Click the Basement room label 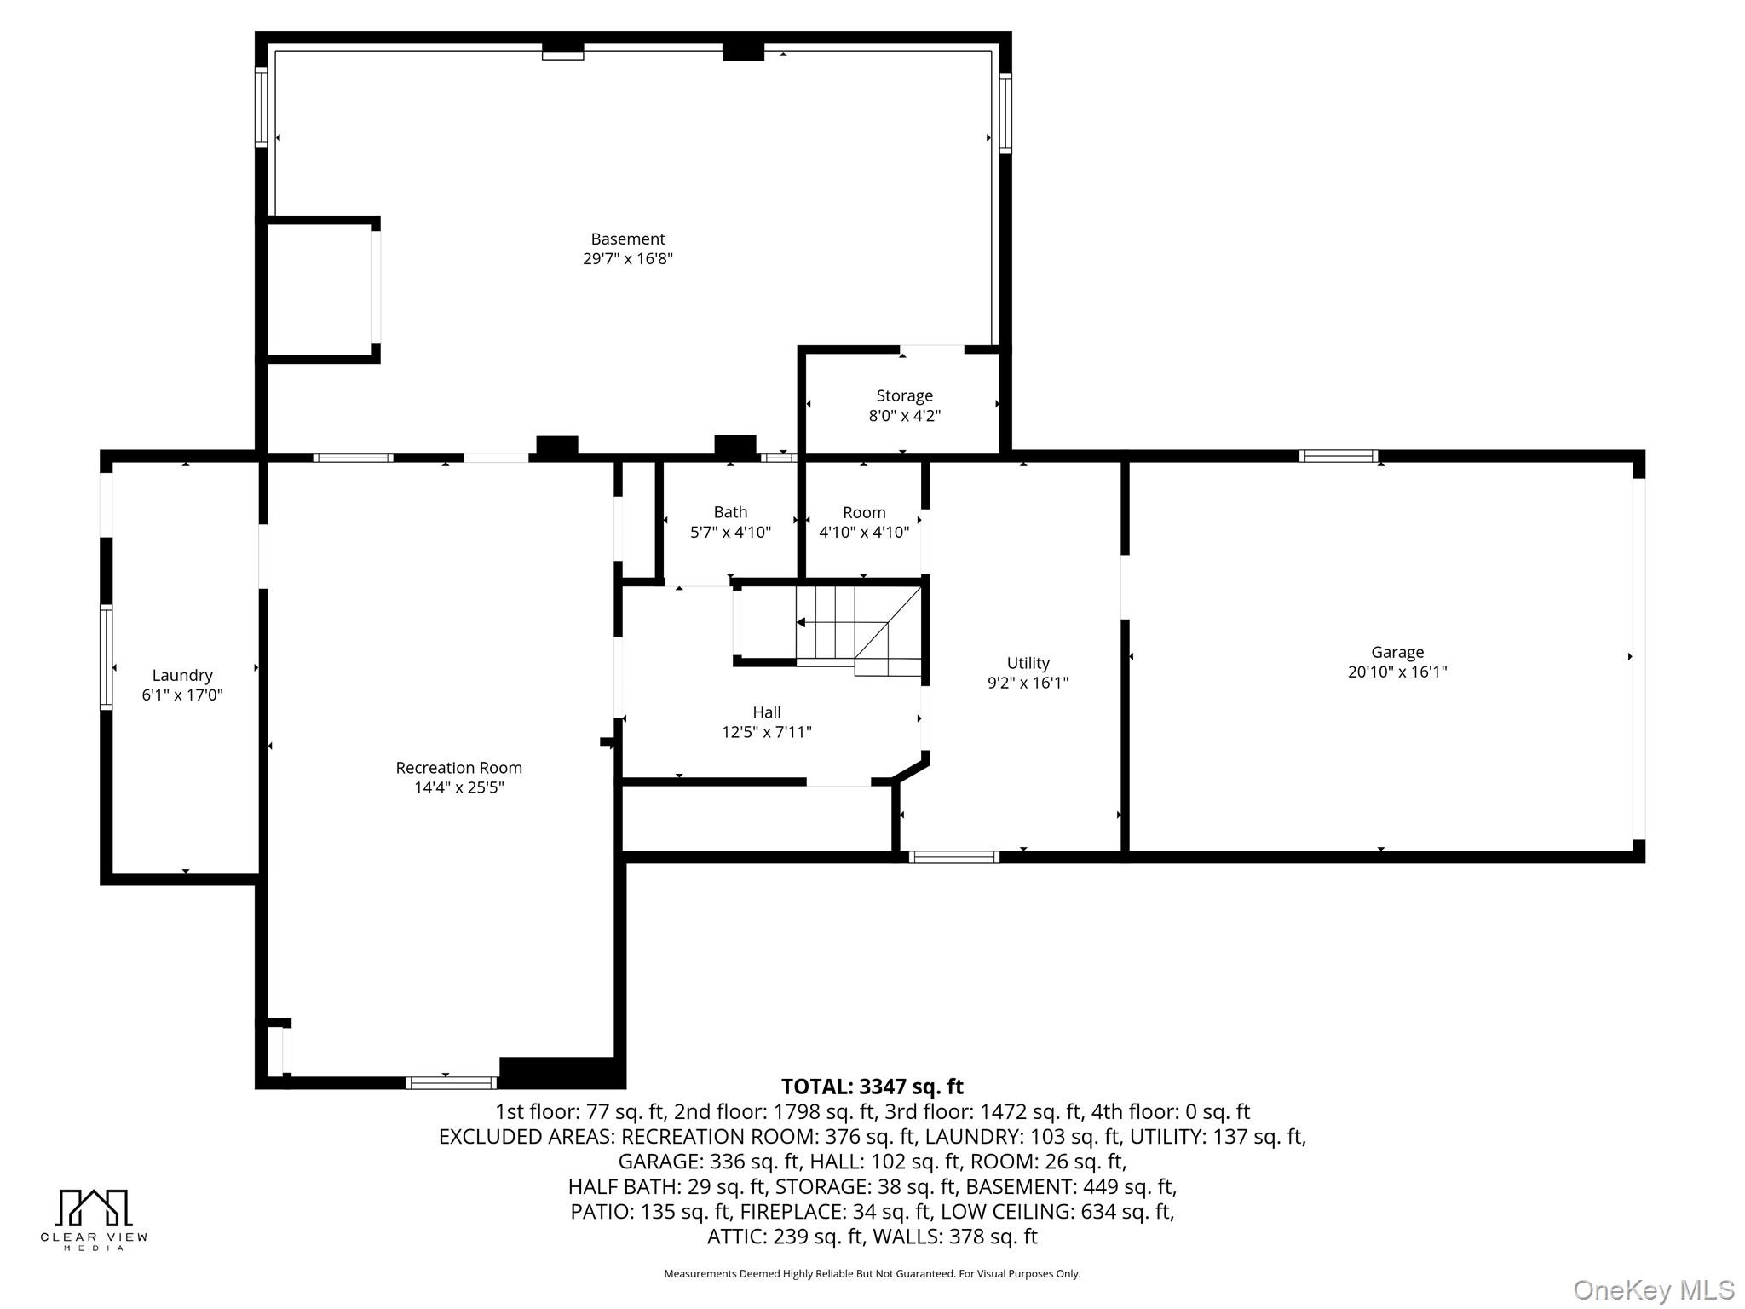coord(627,239)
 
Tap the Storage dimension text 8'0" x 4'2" coord(904,416)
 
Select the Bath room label coord(730,512)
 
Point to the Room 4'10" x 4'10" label coord(864,522)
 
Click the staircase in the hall coord(859,627)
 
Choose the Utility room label coord(1028,663)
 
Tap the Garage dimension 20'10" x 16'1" coord(1397,672)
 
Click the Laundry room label coord(182,676)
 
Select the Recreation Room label coord(458,768)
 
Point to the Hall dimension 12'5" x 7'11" coord(766,732)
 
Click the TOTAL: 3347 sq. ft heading coord(872,1087)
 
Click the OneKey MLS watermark coord(1653,1290)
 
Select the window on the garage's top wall coord(1338,456)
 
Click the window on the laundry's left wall coord(107,656)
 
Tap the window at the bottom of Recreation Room coord(451,1083)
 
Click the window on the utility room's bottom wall coord(953,857)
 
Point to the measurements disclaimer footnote coord(872,1274)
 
